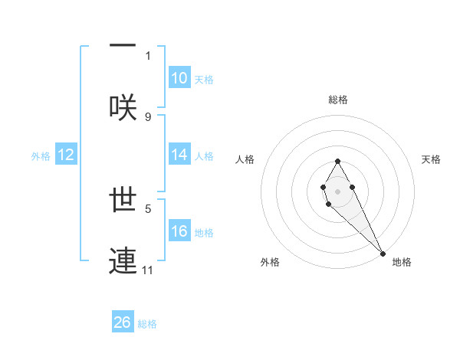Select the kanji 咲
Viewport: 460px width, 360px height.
(123, 106)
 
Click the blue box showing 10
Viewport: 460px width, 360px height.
(179, 78)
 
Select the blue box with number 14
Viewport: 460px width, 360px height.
(179, 155)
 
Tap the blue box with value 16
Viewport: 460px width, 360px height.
(179, 231)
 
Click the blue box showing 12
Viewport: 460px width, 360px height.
(66, 155)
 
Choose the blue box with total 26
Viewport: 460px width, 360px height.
(123, 322)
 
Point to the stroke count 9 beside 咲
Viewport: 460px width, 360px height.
(148, 116)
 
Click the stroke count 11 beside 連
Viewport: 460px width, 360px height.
(149, 270)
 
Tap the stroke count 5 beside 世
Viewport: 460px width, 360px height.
(148, 208)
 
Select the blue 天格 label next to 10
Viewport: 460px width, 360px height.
(204, 79)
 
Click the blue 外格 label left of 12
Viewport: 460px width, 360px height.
(41, 155)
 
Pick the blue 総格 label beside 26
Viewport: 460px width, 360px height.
(147, 323)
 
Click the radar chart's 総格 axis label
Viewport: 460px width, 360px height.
(338, 100)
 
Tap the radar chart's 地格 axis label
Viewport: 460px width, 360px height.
(402, 262)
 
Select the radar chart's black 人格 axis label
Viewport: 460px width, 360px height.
(245, 159)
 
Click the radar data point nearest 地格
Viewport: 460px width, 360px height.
(383, 253)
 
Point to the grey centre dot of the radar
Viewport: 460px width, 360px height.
(337, 190)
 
